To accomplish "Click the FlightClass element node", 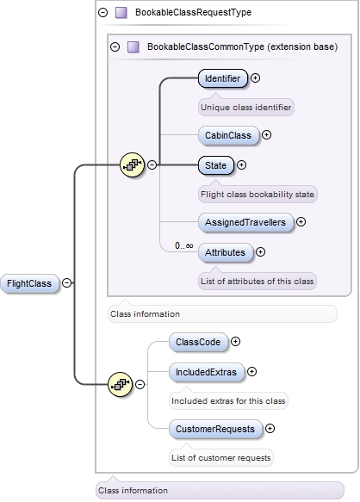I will [29, 283].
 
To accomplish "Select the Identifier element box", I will [222, 78].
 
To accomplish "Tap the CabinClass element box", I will [227, 135].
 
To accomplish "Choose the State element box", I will [215, 164].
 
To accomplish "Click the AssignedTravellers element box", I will [245, 221].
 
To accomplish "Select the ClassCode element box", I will [197, 342].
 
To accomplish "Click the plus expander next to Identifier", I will [256, 78].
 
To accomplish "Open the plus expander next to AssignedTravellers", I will [301, 221].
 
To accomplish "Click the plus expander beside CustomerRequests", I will [270, 428].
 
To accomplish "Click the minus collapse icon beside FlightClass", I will [67, 283].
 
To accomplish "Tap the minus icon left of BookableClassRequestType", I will [102, 13].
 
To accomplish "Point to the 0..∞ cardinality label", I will [183, 245].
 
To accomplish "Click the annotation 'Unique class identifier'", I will [246, 108].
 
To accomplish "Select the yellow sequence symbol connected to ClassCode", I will [120, 387].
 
